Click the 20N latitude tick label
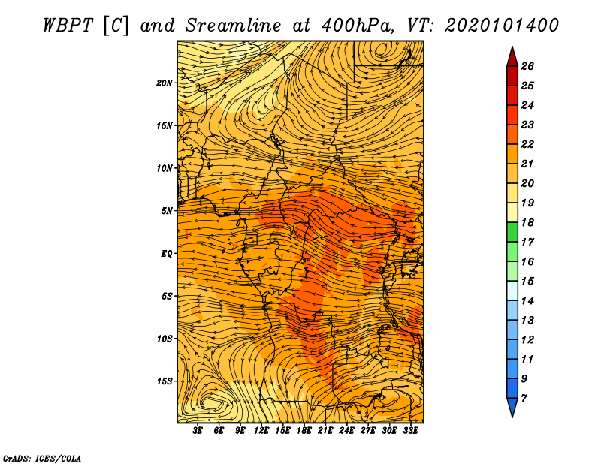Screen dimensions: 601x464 (x=164, y=83)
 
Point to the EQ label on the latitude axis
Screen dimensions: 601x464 (x=166, y=254)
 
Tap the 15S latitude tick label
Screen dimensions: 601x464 (x=164, y=381)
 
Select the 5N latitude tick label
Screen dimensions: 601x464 (x=166, y=211)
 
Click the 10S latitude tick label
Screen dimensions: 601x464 (x=164, y=339)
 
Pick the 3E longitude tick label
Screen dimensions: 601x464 (x=198, y=431)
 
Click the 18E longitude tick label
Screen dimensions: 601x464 (x=304, y=431)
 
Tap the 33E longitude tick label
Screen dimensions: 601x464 (x=410, y=431)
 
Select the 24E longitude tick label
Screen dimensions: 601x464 (x=346, y=431)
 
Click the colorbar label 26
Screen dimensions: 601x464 (x=527, y=66)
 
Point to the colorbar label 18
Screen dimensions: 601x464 (x=527, y=222)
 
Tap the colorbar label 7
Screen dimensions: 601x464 (x=524, y=398)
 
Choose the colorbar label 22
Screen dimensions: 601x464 (x=527, y=144)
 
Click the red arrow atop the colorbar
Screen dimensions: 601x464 (x=512, y=56)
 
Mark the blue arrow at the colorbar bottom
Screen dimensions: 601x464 (x=512, y=408)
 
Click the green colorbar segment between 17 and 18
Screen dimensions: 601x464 (x=512, y=232)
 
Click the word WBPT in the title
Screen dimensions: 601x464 (x=68, y=26)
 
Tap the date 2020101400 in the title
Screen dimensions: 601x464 (x=502, y=26)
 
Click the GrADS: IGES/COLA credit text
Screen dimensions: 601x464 (x=42, y=459)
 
